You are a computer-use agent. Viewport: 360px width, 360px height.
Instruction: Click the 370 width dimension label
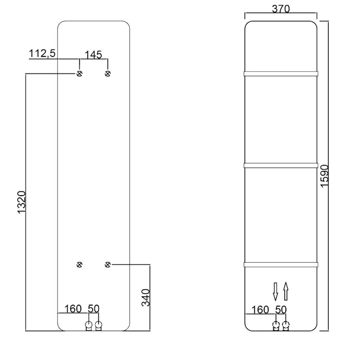[280, 8]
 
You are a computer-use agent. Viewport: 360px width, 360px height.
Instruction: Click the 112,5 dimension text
[42, 54]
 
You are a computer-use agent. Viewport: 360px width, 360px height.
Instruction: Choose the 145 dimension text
[93, 54]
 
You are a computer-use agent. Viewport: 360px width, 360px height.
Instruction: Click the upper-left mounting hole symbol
[79, 73]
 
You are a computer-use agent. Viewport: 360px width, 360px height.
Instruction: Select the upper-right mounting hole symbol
[108, 73]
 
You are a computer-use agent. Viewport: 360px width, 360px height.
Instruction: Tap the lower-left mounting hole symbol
[79, 264]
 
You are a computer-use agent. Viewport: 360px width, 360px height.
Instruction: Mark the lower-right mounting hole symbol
[108, 264]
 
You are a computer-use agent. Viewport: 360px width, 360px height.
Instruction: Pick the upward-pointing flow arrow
[286, 291]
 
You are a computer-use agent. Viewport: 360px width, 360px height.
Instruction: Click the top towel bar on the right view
[280, 73]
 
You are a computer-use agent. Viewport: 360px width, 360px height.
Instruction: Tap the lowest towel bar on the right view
[280, 264]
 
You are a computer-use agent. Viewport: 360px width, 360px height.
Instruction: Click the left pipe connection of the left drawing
[89, 326]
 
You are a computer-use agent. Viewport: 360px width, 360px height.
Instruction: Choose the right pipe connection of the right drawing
[286, 326]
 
